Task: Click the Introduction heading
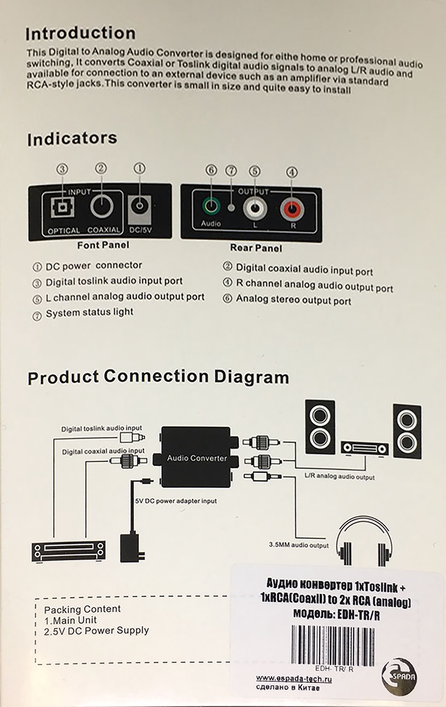[x=80, y=33]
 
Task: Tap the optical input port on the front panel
[x=62, y=207]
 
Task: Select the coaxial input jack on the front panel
[x=102, y=206]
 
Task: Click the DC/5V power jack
[x=140, y=206]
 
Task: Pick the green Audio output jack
[x=211, y=207]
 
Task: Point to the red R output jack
[x=292, y=210]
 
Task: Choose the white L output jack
[x=255, y=209]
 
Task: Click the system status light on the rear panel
[x=231, y=207]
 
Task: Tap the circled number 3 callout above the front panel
[x=62, y=169]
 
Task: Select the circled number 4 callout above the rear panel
[x=292, y=172]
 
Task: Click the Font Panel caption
[x=103, y=245]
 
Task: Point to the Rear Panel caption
[x=256, y=248]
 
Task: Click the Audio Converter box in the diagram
[x=197, y=458]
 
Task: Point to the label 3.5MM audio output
[x=299, y=545]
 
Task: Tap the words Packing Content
[x=82, y=609]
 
